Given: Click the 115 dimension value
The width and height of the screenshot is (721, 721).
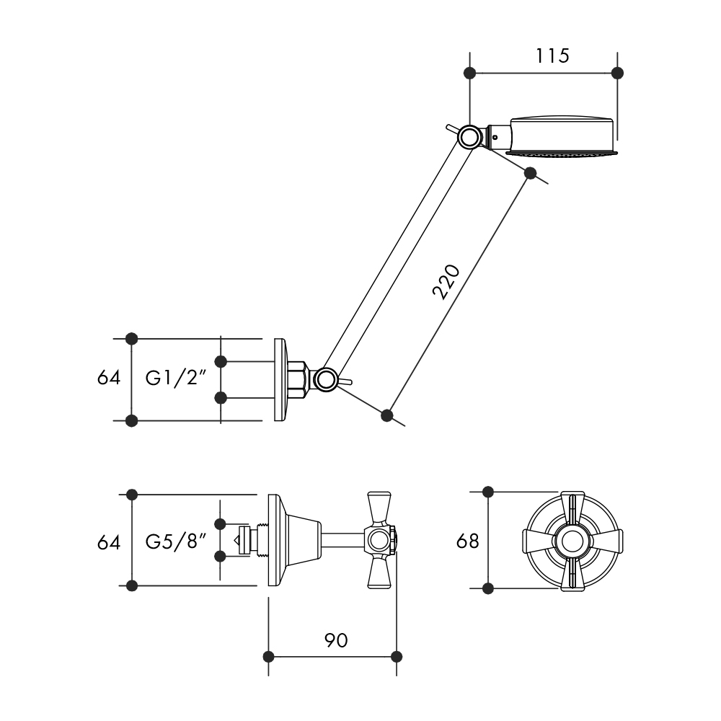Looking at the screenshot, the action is click(x=552, y=56).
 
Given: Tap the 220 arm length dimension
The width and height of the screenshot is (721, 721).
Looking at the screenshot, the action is click(x=446, y=283).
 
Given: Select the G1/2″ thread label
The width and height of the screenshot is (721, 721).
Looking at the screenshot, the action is click(x=174, y=378).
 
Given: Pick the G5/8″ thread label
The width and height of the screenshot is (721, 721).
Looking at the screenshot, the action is click(x=174, y=541).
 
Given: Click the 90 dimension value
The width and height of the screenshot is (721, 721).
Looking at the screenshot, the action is click(x=336, y=640).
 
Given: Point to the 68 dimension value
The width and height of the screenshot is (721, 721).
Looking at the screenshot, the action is click(x=468, y=541).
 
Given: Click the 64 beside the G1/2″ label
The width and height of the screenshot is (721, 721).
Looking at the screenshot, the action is click(x=109, y=378).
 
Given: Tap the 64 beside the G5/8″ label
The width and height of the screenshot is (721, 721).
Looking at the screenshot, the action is click(x=109, y=542).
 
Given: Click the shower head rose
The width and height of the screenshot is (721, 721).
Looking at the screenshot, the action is click(x=562, y=136).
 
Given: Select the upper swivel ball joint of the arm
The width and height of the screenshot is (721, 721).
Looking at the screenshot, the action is click(x=469, y=137).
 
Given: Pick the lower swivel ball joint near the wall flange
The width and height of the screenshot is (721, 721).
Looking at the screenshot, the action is click(x=326, y=380).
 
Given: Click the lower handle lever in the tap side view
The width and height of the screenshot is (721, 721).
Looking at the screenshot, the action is click(x=379, y=572).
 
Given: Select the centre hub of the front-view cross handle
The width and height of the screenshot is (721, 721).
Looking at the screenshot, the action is click(x=572, y=540).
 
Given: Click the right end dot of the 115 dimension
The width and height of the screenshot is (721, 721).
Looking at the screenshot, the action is click(x=617, y=73).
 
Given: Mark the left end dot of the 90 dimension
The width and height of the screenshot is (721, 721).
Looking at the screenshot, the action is click(x=268, y=657).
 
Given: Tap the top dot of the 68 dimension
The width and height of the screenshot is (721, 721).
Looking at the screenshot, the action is click(x=488, y=492).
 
